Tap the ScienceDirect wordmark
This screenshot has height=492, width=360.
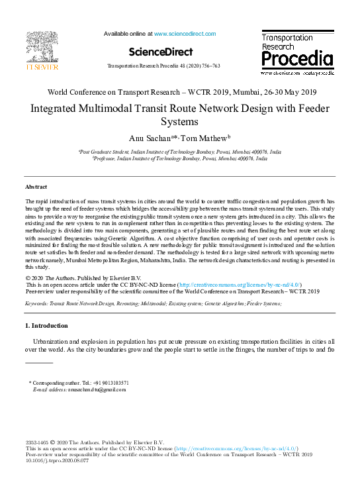(x=160, y=52)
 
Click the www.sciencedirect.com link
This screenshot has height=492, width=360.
(x=185, y=34)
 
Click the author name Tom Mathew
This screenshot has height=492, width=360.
(x=207, y=138)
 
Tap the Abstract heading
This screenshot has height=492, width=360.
(x=36, y=187)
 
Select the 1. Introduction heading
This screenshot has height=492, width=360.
(x=46, y=326)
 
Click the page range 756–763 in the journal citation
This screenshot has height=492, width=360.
(x=226, y=67)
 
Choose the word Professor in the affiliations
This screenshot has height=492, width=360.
(x=108, y=159)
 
